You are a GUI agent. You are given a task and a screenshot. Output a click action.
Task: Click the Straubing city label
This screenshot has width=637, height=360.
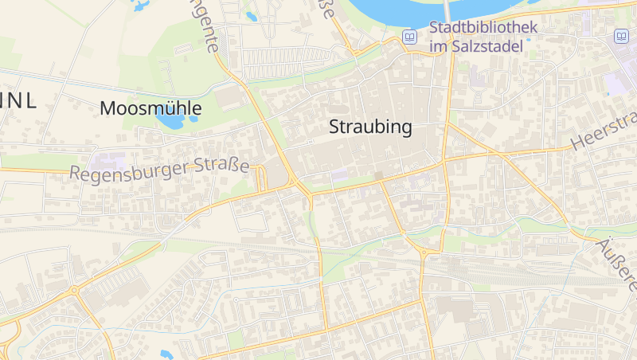(x=369, y=127)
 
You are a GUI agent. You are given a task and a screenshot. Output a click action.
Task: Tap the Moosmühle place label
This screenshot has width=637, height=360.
(x=150, y=108)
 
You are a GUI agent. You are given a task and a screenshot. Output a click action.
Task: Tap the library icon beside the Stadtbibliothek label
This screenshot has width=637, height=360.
(x=409, y=37)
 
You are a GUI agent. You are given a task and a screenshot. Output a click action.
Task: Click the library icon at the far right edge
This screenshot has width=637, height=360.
(x=620, y=36)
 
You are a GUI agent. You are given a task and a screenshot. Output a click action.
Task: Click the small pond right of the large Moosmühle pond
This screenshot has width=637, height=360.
(x=193, y=120)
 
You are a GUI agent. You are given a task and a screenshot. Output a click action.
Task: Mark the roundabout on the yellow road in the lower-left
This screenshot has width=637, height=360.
(x=74, y=291)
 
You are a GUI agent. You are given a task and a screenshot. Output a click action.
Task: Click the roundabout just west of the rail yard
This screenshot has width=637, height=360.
(x=424, y=254)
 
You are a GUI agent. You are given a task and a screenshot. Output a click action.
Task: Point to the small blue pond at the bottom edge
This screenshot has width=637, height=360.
(x=166, y=354)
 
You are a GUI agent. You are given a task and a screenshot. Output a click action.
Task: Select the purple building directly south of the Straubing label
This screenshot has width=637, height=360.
(x=340, y=174)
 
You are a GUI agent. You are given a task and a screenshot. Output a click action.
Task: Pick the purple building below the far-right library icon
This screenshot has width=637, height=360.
(x=616, y=84)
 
